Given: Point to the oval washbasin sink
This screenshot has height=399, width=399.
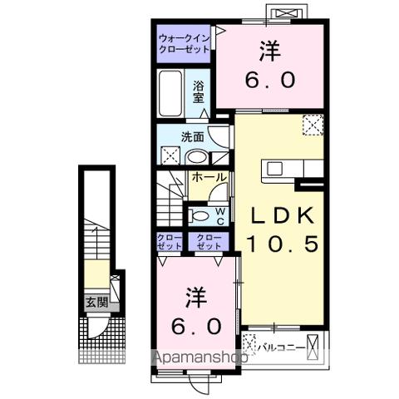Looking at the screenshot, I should (x=196, y=157).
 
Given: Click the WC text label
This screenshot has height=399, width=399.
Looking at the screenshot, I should (x=220, y=216).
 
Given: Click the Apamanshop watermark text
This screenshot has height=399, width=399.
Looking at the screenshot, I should (x=199, y=359).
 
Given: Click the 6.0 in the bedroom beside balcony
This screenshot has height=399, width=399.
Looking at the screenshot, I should (x=197, y=325).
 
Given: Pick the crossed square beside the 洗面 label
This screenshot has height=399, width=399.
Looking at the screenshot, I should (x=169, y=155).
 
